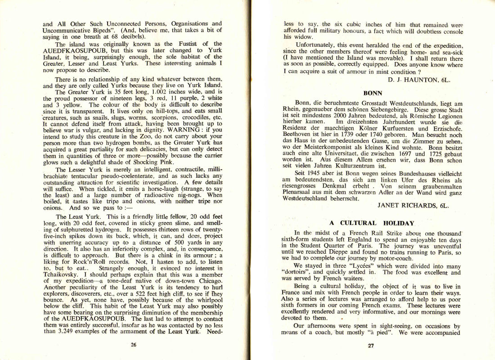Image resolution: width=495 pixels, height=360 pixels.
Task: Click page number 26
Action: click(x=133, y=345)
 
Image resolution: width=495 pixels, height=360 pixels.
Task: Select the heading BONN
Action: click(x=372, y=94)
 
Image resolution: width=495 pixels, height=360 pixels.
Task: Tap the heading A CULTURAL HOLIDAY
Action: click(x=372, y=223)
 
